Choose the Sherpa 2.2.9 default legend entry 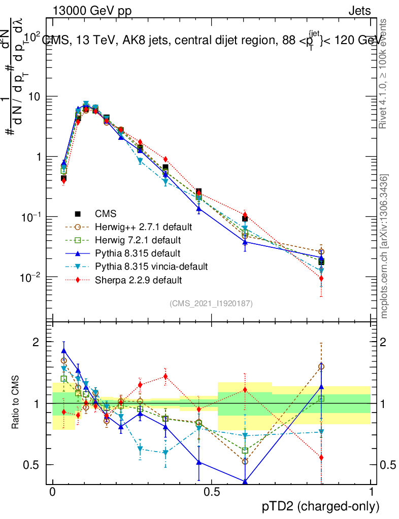[135, 279]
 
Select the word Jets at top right [359, 11]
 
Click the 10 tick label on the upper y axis [36, 97]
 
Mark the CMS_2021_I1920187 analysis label [211, 304]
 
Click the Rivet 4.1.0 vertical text [384, 73]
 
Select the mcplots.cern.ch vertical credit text [384, 246]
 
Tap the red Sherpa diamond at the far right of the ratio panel [321, 458]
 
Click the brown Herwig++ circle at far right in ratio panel [321, 366]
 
